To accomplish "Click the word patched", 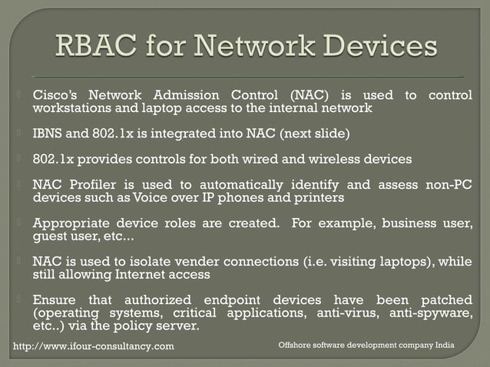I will click(444, 299).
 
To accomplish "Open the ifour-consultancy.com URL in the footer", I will click(94, 346).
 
